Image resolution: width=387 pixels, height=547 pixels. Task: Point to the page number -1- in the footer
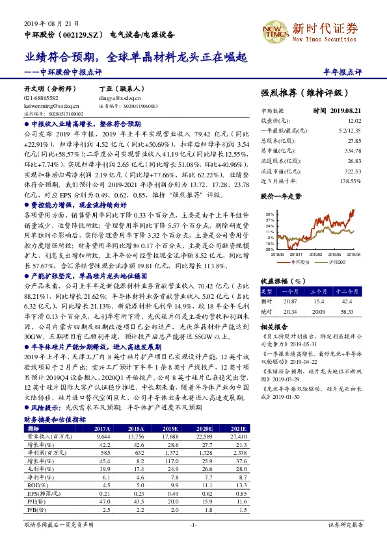point(193,524)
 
